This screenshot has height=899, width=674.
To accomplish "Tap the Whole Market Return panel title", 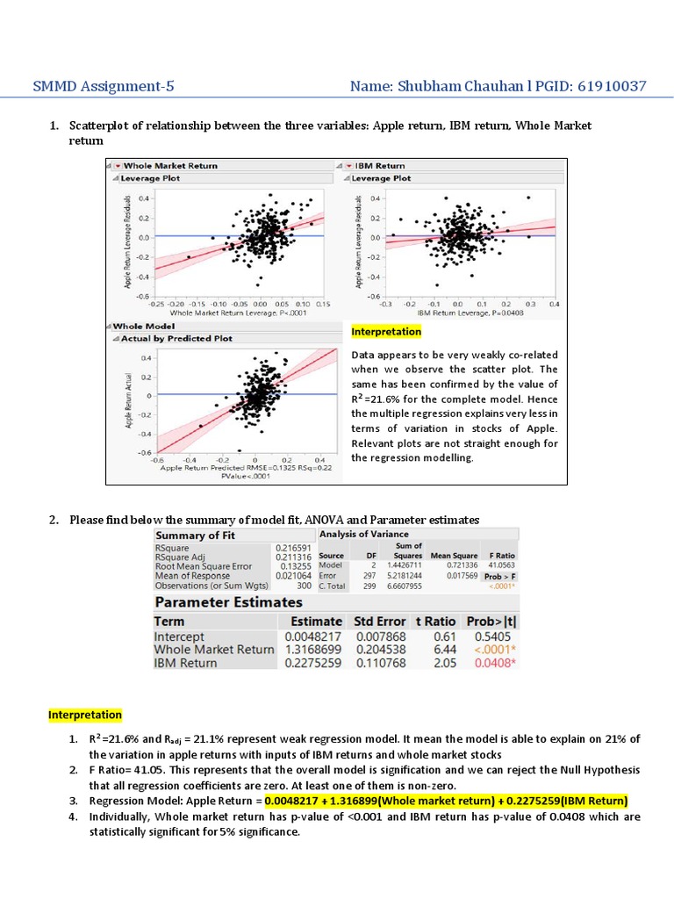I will point(170,165).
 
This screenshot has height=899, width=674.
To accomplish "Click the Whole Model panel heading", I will point(144,326).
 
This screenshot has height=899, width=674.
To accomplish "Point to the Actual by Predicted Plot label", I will point(176,338).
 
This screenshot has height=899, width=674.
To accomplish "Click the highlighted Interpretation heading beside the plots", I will point(386,332).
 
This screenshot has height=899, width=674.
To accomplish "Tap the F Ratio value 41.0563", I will point(501,566).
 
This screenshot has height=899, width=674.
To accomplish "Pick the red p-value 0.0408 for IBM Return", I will point(492,663).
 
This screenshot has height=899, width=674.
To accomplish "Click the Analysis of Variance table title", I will point(363,534).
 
